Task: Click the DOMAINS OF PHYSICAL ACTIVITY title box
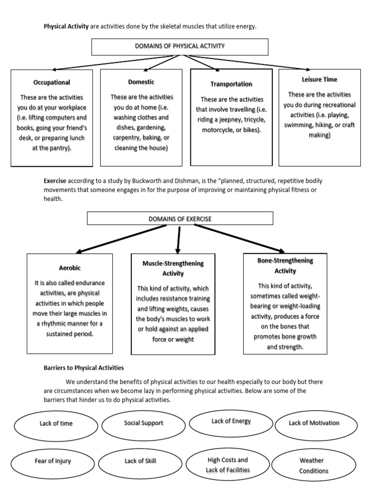180,46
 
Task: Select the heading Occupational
52,83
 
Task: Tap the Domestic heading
141,82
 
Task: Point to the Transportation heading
231,84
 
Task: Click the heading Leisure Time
319,79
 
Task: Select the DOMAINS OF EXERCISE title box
180,219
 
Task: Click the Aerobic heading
70,267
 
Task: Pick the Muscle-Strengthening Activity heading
173,268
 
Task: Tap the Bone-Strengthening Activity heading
285,265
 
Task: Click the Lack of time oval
56,423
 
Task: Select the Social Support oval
143,423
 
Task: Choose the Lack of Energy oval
231,421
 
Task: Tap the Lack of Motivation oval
314,423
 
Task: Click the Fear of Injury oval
53,461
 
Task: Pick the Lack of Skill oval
140,461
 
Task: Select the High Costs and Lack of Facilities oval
227,465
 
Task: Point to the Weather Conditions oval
313,466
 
